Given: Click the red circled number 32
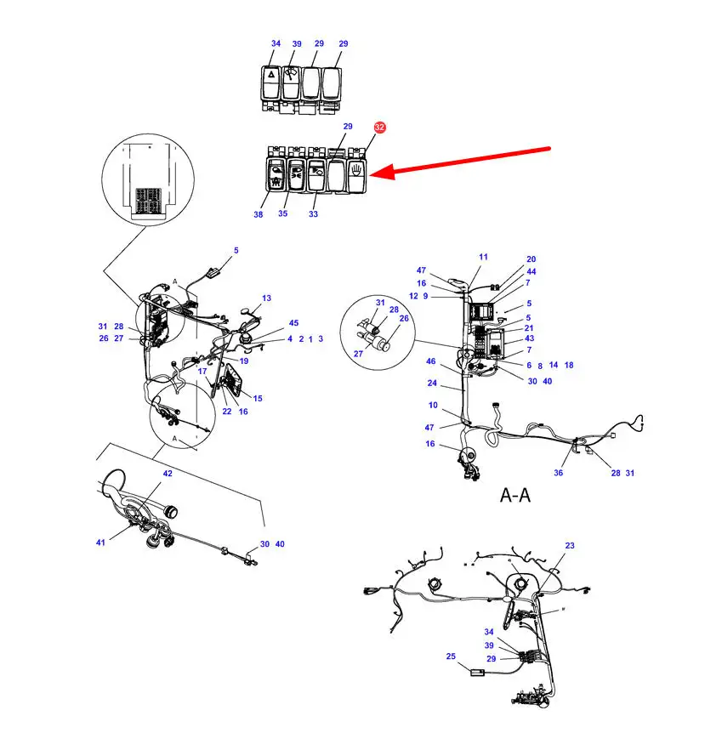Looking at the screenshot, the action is click(x=379, y=128).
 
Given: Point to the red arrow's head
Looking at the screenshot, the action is click(x=370, y=175).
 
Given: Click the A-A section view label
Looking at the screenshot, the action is click(x=515, y=495).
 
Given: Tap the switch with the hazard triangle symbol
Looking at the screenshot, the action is click(x=271, y=83).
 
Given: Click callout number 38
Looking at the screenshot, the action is click(x=259, y=214).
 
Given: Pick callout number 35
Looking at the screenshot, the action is click(x=283, y=213).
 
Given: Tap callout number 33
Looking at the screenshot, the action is click(x=313, y=214).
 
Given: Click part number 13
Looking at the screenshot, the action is click(x=266, y=298).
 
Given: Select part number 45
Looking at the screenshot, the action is click(x=293, y=323).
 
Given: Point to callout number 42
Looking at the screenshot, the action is click(x=168, y=474).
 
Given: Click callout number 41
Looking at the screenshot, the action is click(x=100, y=543).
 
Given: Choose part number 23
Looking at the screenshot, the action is click(x=570, y=546).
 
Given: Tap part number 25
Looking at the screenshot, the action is click(x=451, y=656).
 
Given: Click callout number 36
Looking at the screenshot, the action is click(x=559, y=473).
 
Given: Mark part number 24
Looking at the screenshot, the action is click(x=432, y=384).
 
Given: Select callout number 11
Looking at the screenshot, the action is click(x=484, y=257).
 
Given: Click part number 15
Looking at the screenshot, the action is click(x=258, y=399).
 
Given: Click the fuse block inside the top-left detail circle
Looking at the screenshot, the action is click(x=148, y=201).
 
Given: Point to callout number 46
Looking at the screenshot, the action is click(x=430, y=361).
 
